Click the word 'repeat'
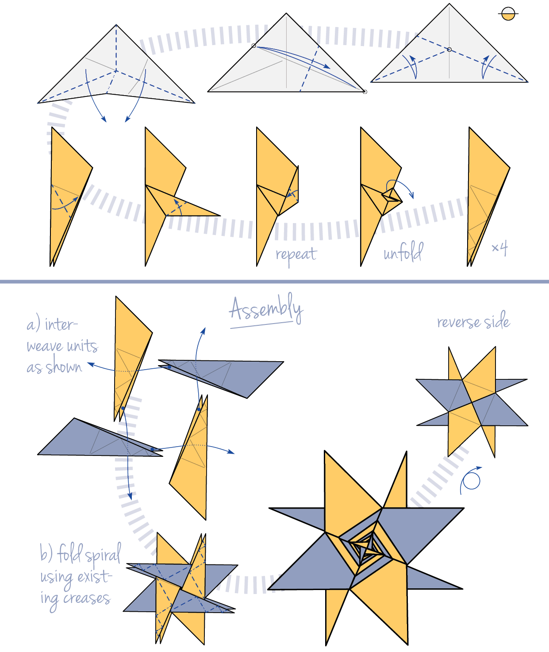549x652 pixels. pyautogui.click(x=296, y=255)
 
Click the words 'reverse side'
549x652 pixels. pyautogui.click(x=473, y=321)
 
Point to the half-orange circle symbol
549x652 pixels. pyautogui.click(x=508, y=14)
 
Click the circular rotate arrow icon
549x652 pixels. pyautogui.click(x=472, y=481)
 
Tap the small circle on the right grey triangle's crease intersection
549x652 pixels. pyautogui.click(x=449, y=50)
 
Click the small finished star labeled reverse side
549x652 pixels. pyautogui.click(x=472, y=402)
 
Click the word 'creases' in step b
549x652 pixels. pyautogui.click(x=87, y=598)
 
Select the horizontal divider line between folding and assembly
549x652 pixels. pyautogui.click(x=274, y=282)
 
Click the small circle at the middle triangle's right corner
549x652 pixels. pyautogui.click(x=365, y=92)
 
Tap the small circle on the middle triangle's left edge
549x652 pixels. pyautogui.click(x=253, y=46)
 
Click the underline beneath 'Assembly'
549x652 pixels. pyautogui.click(x=261, y=325)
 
